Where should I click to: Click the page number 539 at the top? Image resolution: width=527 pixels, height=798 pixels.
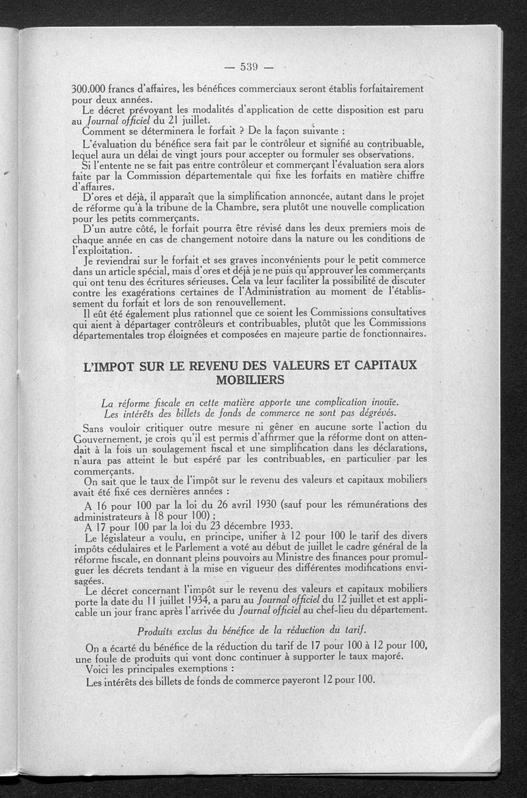248,66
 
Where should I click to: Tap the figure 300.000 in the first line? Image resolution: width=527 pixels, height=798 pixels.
90,88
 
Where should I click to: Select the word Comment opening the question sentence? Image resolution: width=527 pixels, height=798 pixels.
108,130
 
